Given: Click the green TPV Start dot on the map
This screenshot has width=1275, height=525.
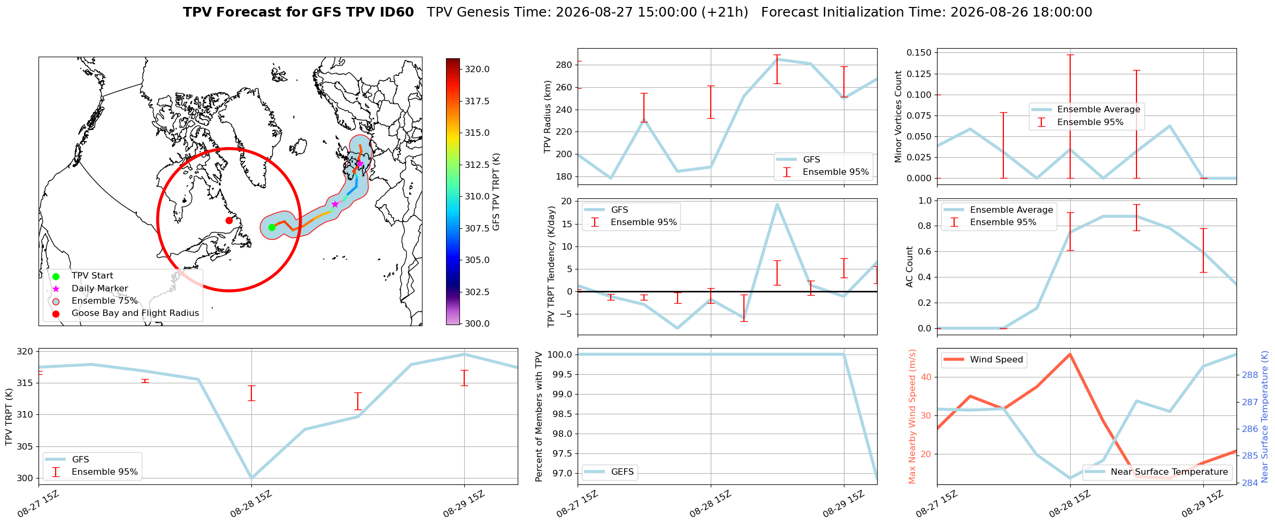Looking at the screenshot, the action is [x=272, y=227].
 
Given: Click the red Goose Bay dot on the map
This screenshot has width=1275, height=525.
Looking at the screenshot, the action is [x=229, y=220].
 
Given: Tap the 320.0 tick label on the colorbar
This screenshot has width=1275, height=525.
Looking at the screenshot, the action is [x=477, y=70].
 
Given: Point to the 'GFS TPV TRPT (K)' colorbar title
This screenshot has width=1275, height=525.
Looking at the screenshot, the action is [x=496, y=191].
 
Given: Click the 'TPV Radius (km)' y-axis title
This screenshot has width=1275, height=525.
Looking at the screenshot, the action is [x=548, y=117].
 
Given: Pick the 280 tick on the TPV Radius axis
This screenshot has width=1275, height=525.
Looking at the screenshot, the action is [x=565, y=65].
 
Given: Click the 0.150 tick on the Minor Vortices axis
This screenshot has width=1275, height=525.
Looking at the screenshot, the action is [x=919, y=53].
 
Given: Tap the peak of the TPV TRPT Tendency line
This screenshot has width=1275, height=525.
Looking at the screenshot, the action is [x=777, y=204].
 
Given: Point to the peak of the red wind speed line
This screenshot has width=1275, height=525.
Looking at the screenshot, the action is [x=1070, y=354].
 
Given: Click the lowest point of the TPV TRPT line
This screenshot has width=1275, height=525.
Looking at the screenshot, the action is [x=251, y=478].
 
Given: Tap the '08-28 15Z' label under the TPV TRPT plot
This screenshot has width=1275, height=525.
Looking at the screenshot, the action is [x=251, y=504].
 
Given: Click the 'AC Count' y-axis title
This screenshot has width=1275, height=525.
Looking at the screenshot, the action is [x=910, y=267].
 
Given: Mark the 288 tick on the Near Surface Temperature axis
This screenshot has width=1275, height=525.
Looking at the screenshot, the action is [x=1250, y=375].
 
